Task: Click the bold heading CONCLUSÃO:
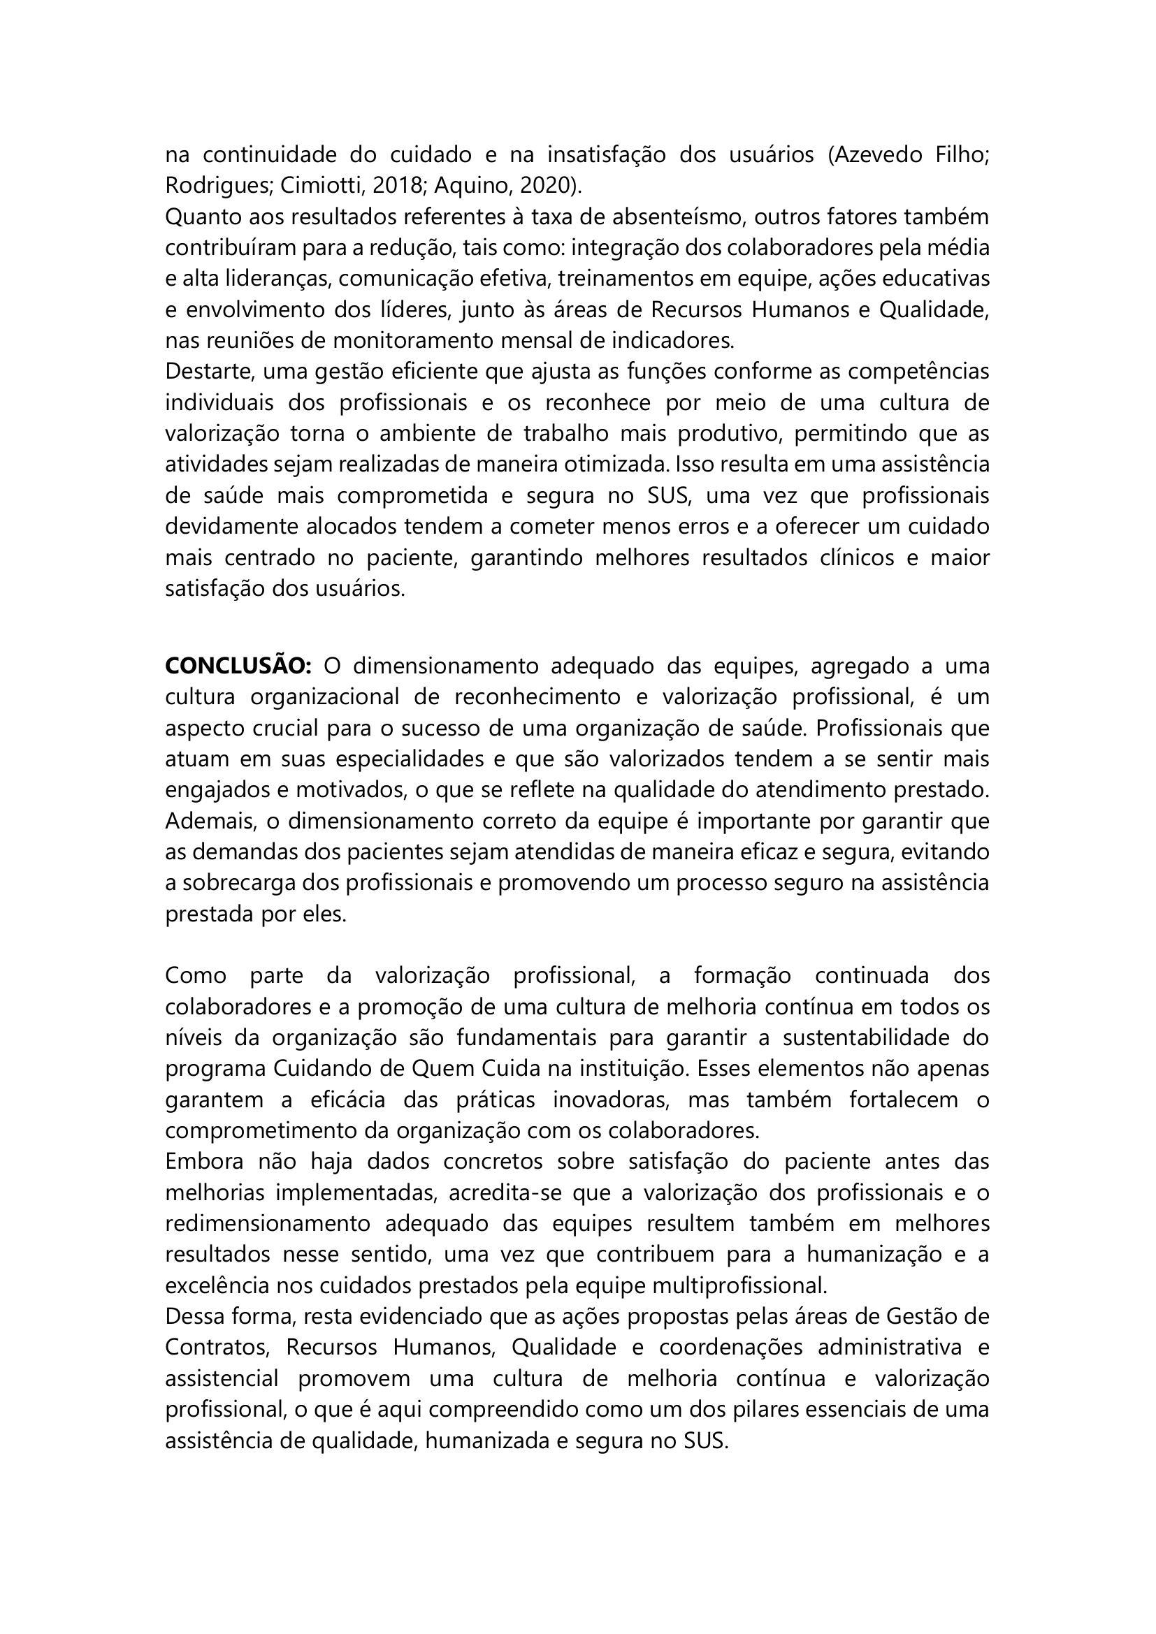point(238,666)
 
